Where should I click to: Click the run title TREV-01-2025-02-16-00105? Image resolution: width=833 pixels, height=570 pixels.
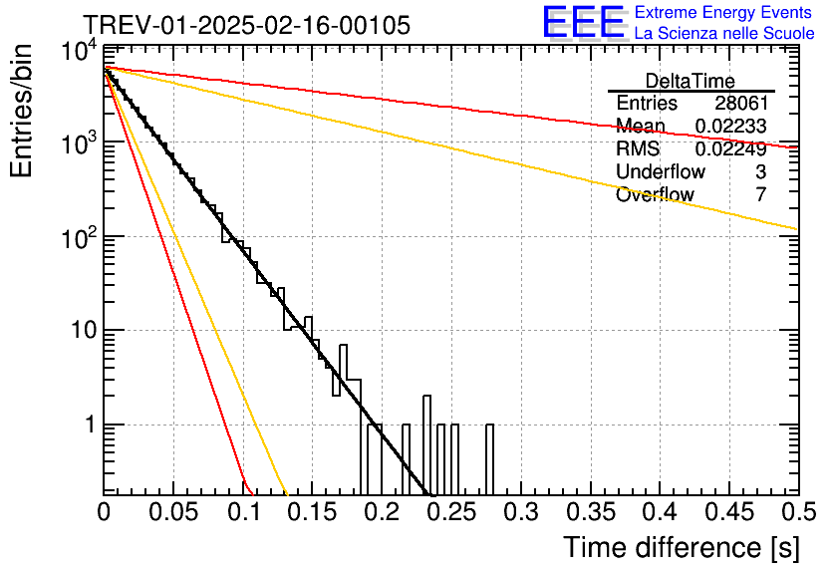[247, 25]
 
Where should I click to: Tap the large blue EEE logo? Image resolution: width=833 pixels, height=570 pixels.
[585, 23]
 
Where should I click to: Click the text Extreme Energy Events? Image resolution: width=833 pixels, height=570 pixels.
[723, 12]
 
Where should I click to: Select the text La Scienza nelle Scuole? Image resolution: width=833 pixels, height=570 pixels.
[724, 33]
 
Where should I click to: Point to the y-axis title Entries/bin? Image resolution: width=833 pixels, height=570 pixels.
[21, 111]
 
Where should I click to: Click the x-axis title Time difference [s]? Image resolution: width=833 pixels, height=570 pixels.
[682, 548]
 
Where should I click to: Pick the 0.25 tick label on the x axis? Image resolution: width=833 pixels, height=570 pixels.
[452, 512]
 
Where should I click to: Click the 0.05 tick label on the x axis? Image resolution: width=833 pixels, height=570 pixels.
[173, 512]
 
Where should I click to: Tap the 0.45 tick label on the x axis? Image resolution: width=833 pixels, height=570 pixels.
[729, 512]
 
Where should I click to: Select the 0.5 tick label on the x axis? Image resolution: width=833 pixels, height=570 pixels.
[798, 512]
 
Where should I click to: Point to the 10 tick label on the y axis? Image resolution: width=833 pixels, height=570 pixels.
[85, 331]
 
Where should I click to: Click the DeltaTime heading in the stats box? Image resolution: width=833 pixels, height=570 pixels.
[691, 81]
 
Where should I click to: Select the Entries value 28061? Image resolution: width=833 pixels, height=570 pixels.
[741, 103]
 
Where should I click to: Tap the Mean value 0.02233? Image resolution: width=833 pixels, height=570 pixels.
[731, 126]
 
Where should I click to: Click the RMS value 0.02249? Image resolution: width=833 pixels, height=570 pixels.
[731, 148]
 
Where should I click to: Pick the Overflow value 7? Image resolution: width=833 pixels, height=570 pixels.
[761, 194]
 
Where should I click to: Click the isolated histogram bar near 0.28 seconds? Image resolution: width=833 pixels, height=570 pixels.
[490, 459]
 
